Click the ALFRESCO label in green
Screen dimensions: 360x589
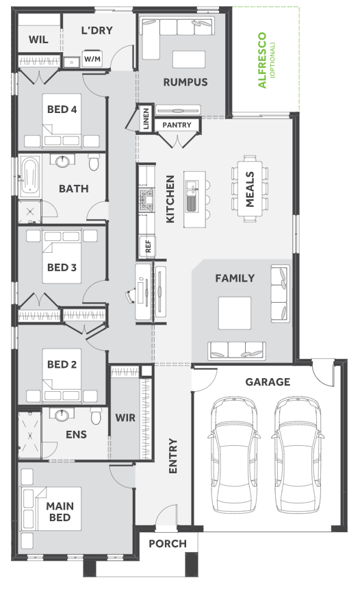pos(262,60)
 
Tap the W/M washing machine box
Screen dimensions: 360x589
pos(92,58)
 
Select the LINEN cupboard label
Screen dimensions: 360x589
pos(146,118)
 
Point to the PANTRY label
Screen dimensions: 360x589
pos(177,125)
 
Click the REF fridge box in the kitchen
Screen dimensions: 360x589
pos(148,247)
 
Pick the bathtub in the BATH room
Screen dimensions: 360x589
pos(30,176)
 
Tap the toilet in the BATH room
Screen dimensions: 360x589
pos(94,162)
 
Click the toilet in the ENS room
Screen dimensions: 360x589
pos(96,416)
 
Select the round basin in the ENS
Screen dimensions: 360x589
pos(62,415)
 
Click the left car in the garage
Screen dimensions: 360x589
pos(233,455)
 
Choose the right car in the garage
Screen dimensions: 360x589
pos(297,455)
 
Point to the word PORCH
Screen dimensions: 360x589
pos(168,544)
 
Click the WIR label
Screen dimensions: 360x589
pos(125,418)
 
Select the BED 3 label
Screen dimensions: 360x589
pos(62,268)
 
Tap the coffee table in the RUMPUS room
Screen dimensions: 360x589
pos(189,60)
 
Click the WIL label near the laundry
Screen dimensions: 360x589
pos(38,40)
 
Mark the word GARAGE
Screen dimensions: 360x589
pos(268,382)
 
